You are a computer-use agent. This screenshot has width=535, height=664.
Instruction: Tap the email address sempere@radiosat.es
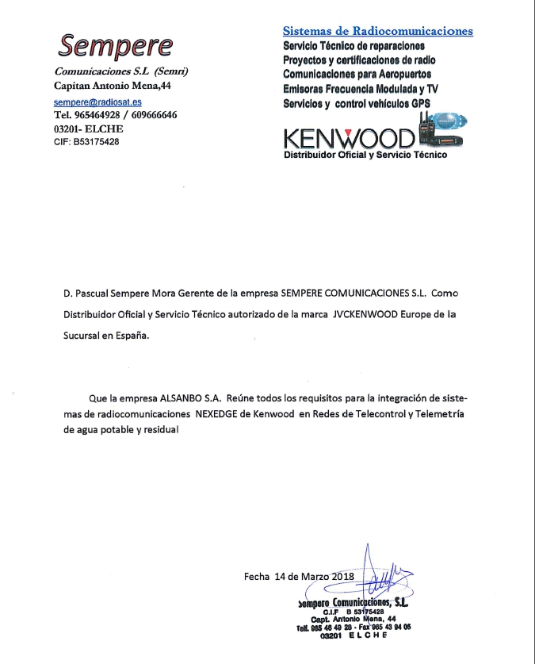click(97, 103)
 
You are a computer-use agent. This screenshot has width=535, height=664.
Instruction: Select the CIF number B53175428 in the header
click(96, 142)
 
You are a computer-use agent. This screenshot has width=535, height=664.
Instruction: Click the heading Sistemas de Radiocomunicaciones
click(378, 31)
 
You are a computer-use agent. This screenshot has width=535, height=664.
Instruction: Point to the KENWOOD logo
click(349, 138)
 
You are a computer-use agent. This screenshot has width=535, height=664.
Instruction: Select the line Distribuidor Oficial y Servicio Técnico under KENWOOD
click(365, 155)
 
